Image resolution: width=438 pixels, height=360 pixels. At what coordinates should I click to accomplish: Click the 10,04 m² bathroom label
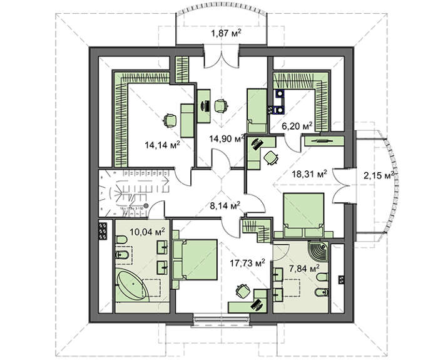146,231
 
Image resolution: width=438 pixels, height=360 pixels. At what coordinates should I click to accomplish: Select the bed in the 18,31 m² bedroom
303,215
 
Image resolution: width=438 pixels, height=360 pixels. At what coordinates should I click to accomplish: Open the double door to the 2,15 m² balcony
342,185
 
